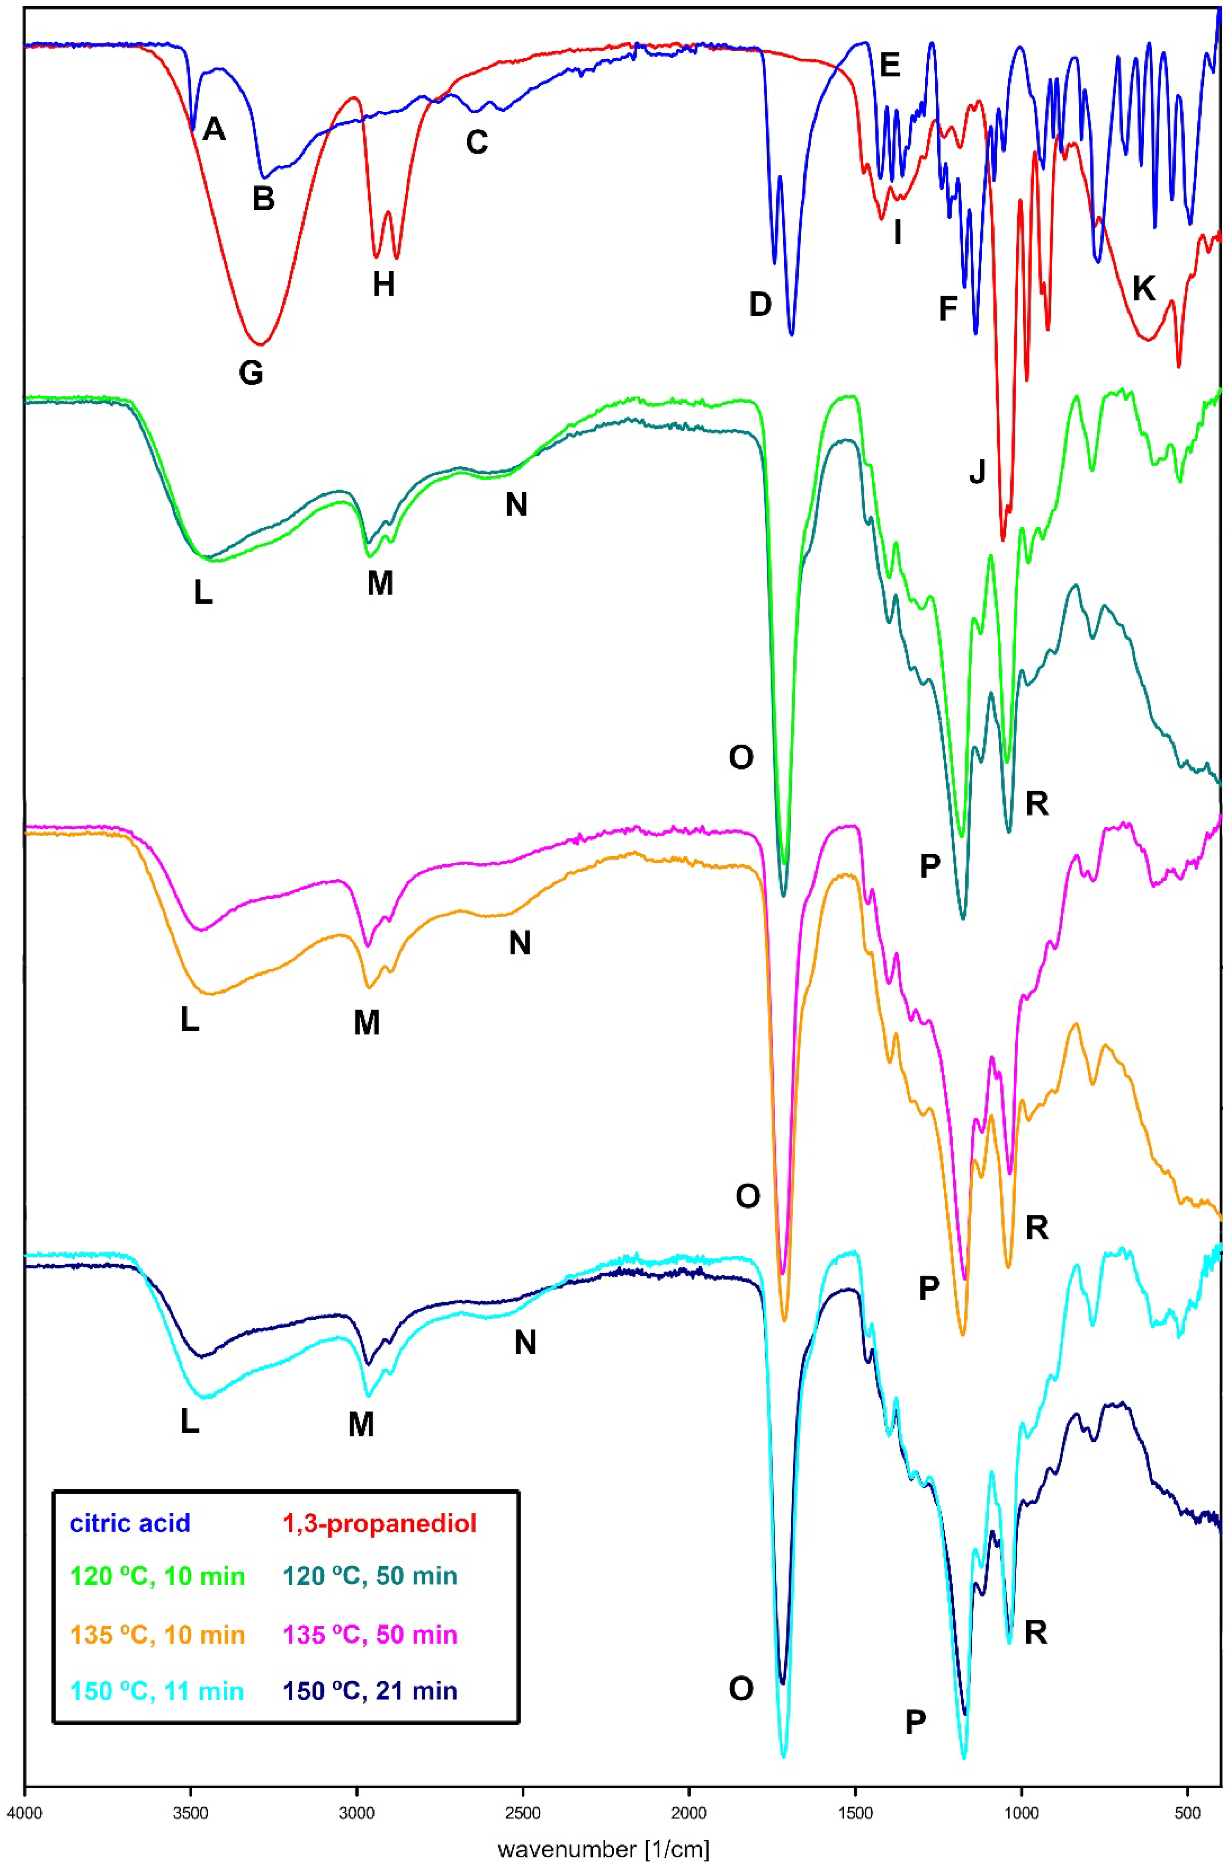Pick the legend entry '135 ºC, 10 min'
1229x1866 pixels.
[x=158, y=1634]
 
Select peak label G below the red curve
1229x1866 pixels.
[x=251, y=373]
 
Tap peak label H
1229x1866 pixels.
[x=383, y=284]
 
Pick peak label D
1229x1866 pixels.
[x=760, y=304]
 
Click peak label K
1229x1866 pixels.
[x=1144, y=289]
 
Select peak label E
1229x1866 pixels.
[x=890, y=65]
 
